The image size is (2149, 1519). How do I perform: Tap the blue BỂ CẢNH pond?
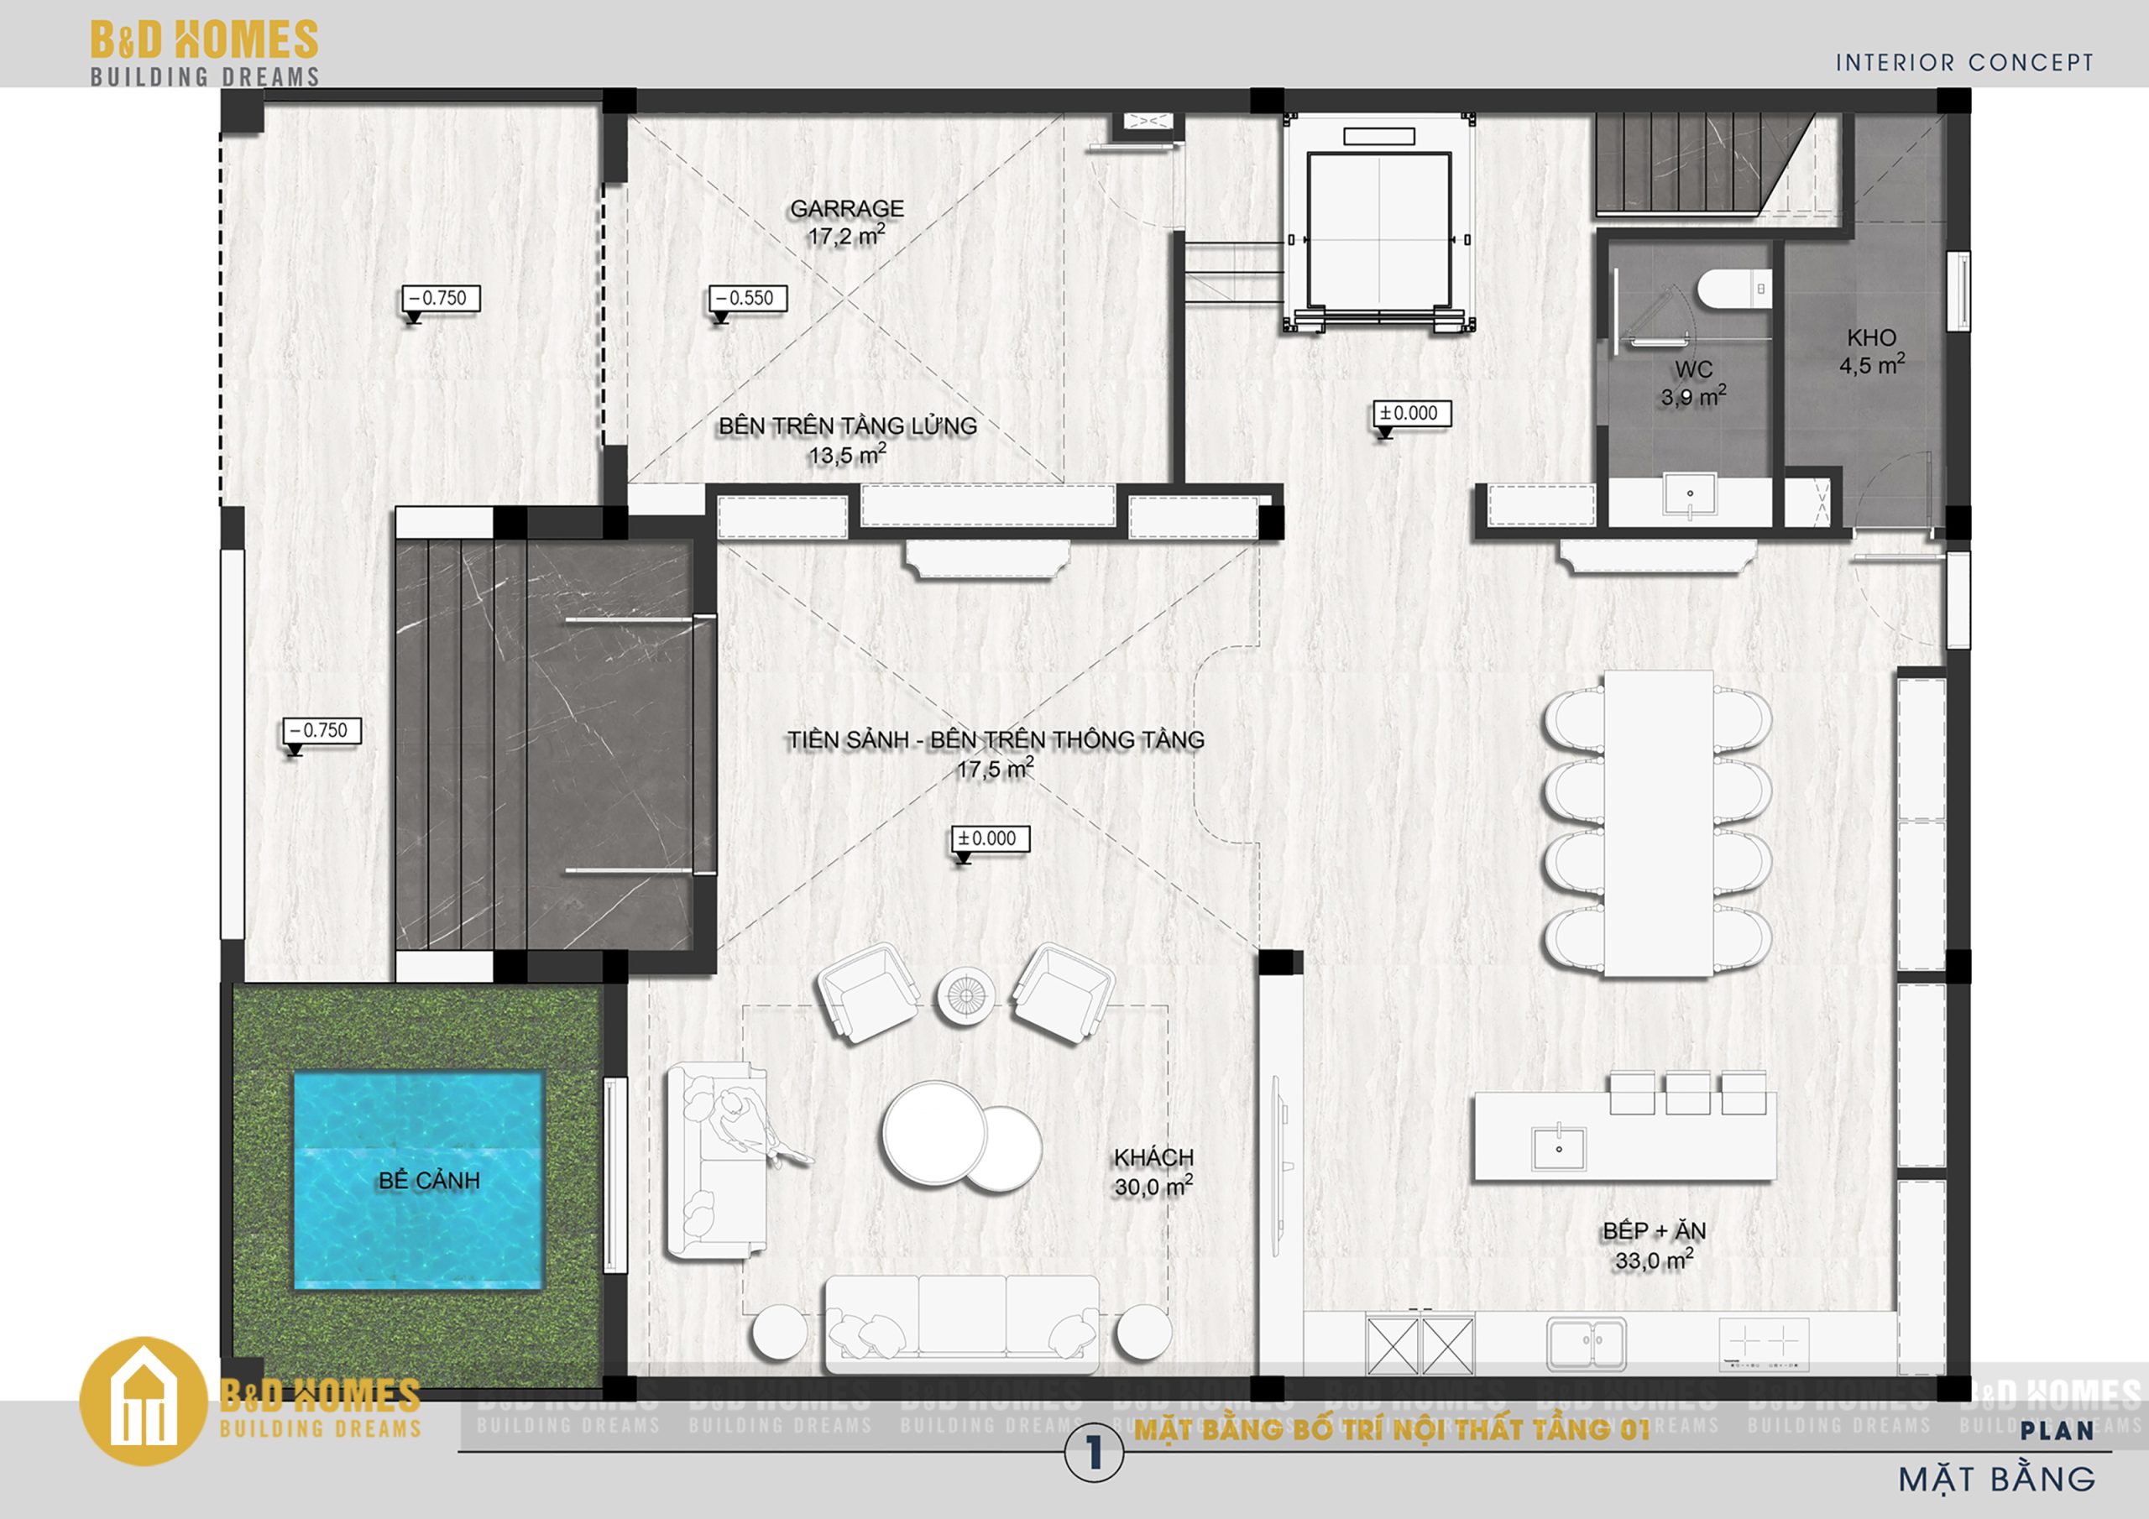[418, 1180]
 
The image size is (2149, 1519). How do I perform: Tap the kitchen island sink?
[1558, 1148]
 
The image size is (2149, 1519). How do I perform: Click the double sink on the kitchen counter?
[1586, 1343]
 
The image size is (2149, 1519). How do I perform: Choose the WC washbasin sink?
[1690, 495]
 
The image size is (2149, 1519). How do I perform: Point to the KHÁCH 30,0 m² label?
[1153, 1172]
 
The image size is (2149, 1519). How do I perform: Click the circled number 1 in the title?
[1093, 1454]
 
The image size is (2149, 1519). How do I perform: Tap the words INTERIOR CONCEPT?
[1963, 63]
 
